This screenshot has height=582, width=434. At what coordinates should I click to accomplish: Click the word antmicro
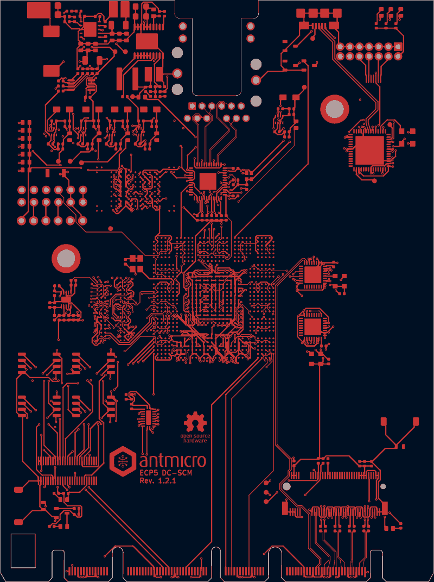coord(173,461)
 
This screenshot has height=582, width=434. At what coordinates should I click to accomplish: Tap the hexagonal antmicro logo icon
coord(122,461)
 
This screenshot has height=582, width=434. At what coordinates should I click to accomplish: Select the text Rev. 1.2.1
coord(157,481)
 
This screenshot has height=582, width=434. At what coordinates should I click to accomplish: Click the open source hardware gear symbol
coord(195,422)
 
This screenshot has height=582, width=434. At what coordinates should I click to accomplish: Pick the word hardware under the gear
coord(195,441)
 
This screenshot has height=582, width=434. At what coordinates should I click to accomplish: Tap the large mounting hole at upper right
coord(335,109)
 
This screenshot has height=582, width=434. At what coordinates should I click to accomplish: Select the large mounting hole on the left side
coord(66,258)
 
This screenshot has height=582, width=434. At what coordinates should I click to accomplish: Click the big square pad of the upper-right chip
coord(369,150)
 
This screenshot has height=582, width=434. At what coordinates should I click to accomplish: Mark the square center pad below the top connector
coord(208,182)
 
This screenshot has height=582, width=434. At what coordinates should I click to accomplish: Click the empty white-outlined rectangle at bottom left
coord(23,551)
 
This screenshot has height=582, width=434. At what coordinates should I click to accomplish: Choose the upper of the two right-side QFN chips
coord(312,275)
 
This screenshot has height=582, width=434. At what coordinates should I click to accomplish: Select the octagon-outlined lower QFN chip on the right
coord(312,327)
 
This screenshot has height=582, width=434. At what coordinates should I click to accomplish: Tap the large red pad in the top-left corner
coord(39,10)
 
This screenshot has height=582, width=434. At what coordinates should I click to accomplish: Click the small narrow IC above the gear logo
coord(148,417)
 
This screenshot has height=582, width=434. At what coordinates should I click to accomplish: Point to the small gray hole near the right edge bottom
coord(383,486)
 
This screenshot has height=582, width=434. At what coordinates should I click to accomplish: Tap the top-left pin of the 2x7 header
coord(340,47)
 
